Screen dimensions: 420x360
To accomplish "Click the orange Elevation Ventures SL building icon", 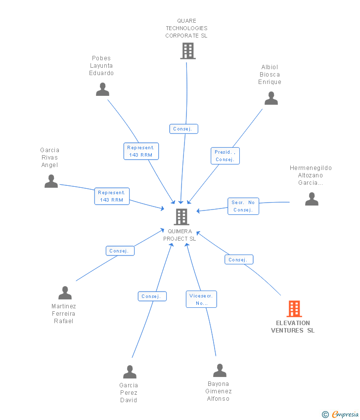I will [294, 309].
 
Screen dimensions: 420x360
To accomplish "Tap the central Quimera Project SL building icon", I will [181, 216].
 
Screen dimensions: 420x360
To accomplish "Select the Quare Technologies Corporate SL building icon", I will [187, 50].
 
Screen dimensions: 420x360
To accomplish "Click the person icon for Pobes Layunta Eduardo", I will [102, 89].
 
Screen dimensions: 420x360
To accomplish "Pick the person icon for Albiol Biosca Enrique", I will [271, 98].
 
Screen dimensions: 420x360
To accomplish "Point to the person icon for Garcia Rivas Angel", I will [51, 181].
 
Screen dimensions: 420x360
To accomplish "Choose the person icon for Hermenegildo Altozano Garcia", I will [312, 199].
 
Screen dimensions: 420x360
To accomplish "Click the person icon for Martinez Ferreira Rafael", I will [65, 293].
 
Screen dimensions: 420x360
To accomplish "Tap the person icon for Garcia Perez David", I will [130, 372].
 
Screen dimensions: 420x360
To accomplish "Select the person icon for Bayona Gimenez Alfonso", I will [220, 371].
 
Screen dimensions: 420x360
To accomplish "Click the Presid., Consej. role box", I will [225, 156].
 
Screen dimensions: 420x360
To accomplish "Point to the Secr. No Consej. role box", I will [243, 206].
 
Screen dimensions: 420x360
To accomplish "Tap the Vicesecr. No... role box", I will [201, 299].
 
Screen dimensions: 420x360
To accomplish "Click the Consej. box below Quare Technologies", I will [183, 129].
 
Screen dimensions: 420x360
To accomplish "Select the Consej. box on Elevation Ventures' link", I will [239, 259].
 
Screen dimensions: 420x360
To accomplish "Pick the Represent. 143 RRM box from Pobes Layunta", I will [141, 151].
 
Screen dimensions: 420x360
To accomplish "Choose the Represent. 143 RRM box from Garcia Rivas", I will [112, 196].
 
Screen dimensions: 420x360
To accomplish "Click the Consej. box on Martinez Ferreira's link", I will [120, 251].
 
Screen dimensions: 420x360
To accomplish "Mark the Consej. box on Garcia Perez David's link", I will [152, 296].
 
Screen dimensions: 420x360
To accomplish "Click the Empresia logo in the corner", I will [342, 414].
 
